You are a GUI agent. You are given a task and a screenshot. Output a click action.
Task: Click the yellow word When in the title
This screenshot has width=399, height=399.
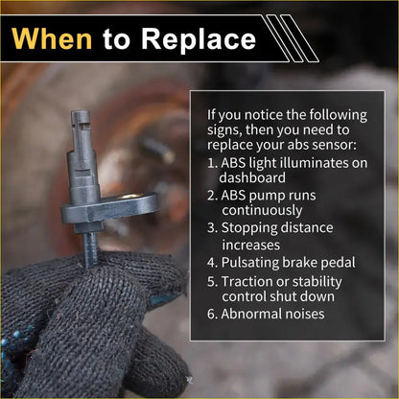point(52,38)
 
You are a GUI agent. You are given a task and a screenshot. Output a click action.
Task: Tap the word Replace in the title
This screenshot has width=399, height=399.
point(199,40)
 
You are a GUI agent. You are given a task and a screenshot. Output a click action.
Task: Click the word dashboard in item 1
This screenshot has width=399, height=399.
point(252,177)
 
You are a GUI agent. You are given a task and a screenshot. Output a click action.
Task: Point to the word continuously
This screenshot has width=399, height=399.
point(262,211)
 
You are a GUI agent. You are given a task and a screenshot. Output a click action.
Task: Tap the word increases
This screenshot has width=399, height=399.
point(251,246)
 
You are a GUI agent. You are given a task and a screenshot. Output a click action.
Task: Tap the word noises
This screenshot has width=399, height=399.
point(307,314)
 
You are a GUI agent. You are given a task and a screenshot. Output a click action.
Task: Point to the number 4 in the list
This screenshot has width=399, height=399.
point(211,263)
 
